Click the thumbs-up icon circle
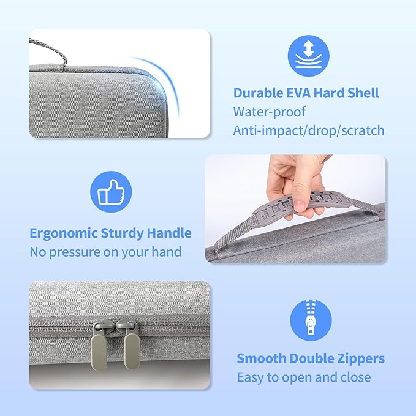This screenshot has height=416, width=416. coord(111,192)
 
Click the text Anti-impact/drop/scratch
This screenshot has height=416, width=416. coord(308,130)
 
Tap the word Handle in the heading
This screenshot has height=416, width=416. coord(168,233)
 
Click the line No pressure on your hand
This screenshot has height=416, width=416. coord(105,252)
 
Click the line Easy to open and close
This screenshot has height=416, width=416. coord(303,377)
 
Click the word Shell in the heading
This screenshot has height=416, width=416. coord(359,93)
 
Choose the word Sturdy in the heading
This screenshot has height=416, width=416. coord(122,233)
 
